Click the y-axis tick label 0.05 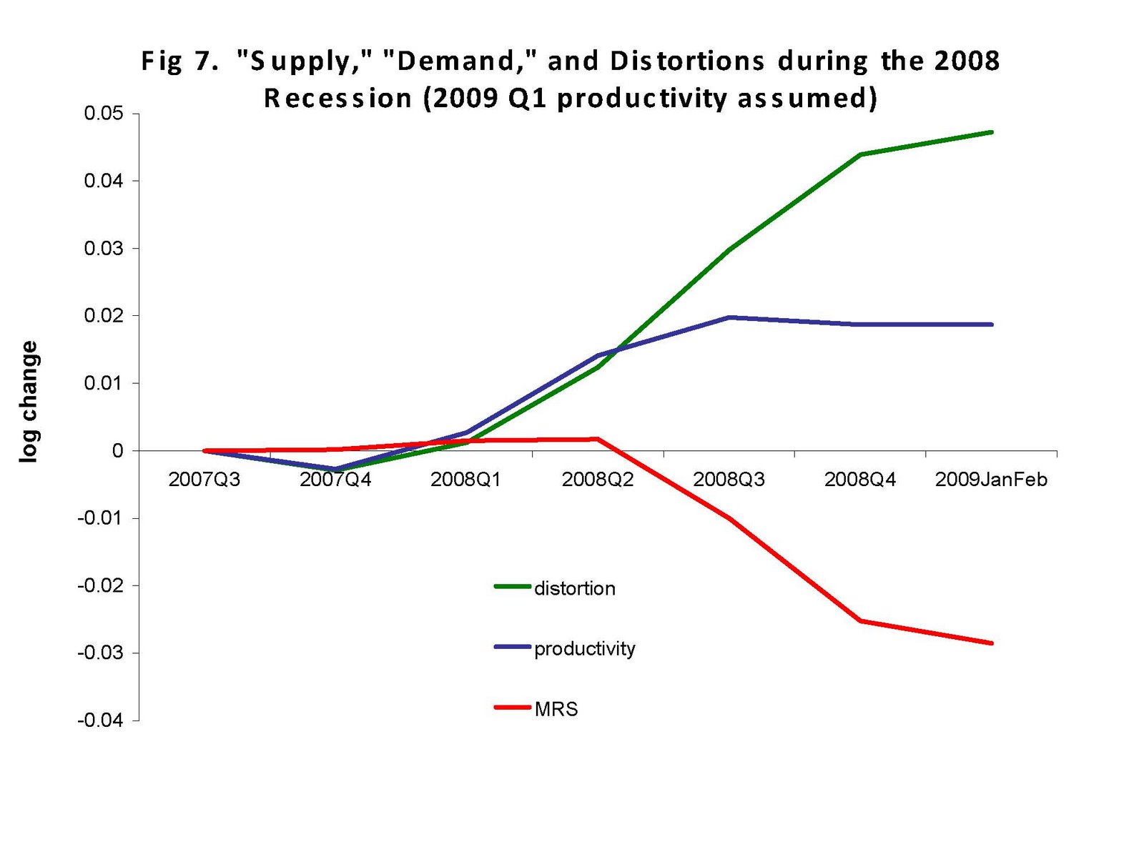pyautogui.click(x=103, y=114)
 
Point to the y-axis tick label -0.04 pyautogui.click(x=100, y=720)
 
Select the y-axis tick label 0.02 pyautogui.click(x=103, y=316)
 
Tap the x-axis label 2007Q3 pyautogui.click(x=204, y=480)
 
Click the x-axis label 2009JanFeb pyautogui.click(x=991, y=480)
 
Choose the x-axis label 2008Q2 pyautogui.click(x=598, y=480)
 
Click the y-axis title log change pyautogui.click(x=29, y=402)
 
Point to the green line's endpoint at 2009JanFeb pyautogui.click(x=992, y=132)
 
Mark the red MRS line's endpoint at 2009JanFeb pyautogui.click(x=992, y=643)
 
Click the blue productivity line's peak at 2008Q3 pyautogui.click(x=729, y=317)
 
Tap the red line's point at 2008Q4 pyautogui.click(x=860, y=620)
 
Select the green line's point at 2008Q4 pyautogui.click(x=860, y=154)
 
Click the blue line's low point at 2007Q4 pyautogui.click(x=335, y=469)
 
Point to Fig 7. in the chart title pyautogui.click(x=179, y=61)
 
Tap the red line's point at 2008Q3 pyautogui.click(x=729, y=518)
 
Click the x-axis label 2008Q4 pyautogui.click(x=860, y=480)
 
